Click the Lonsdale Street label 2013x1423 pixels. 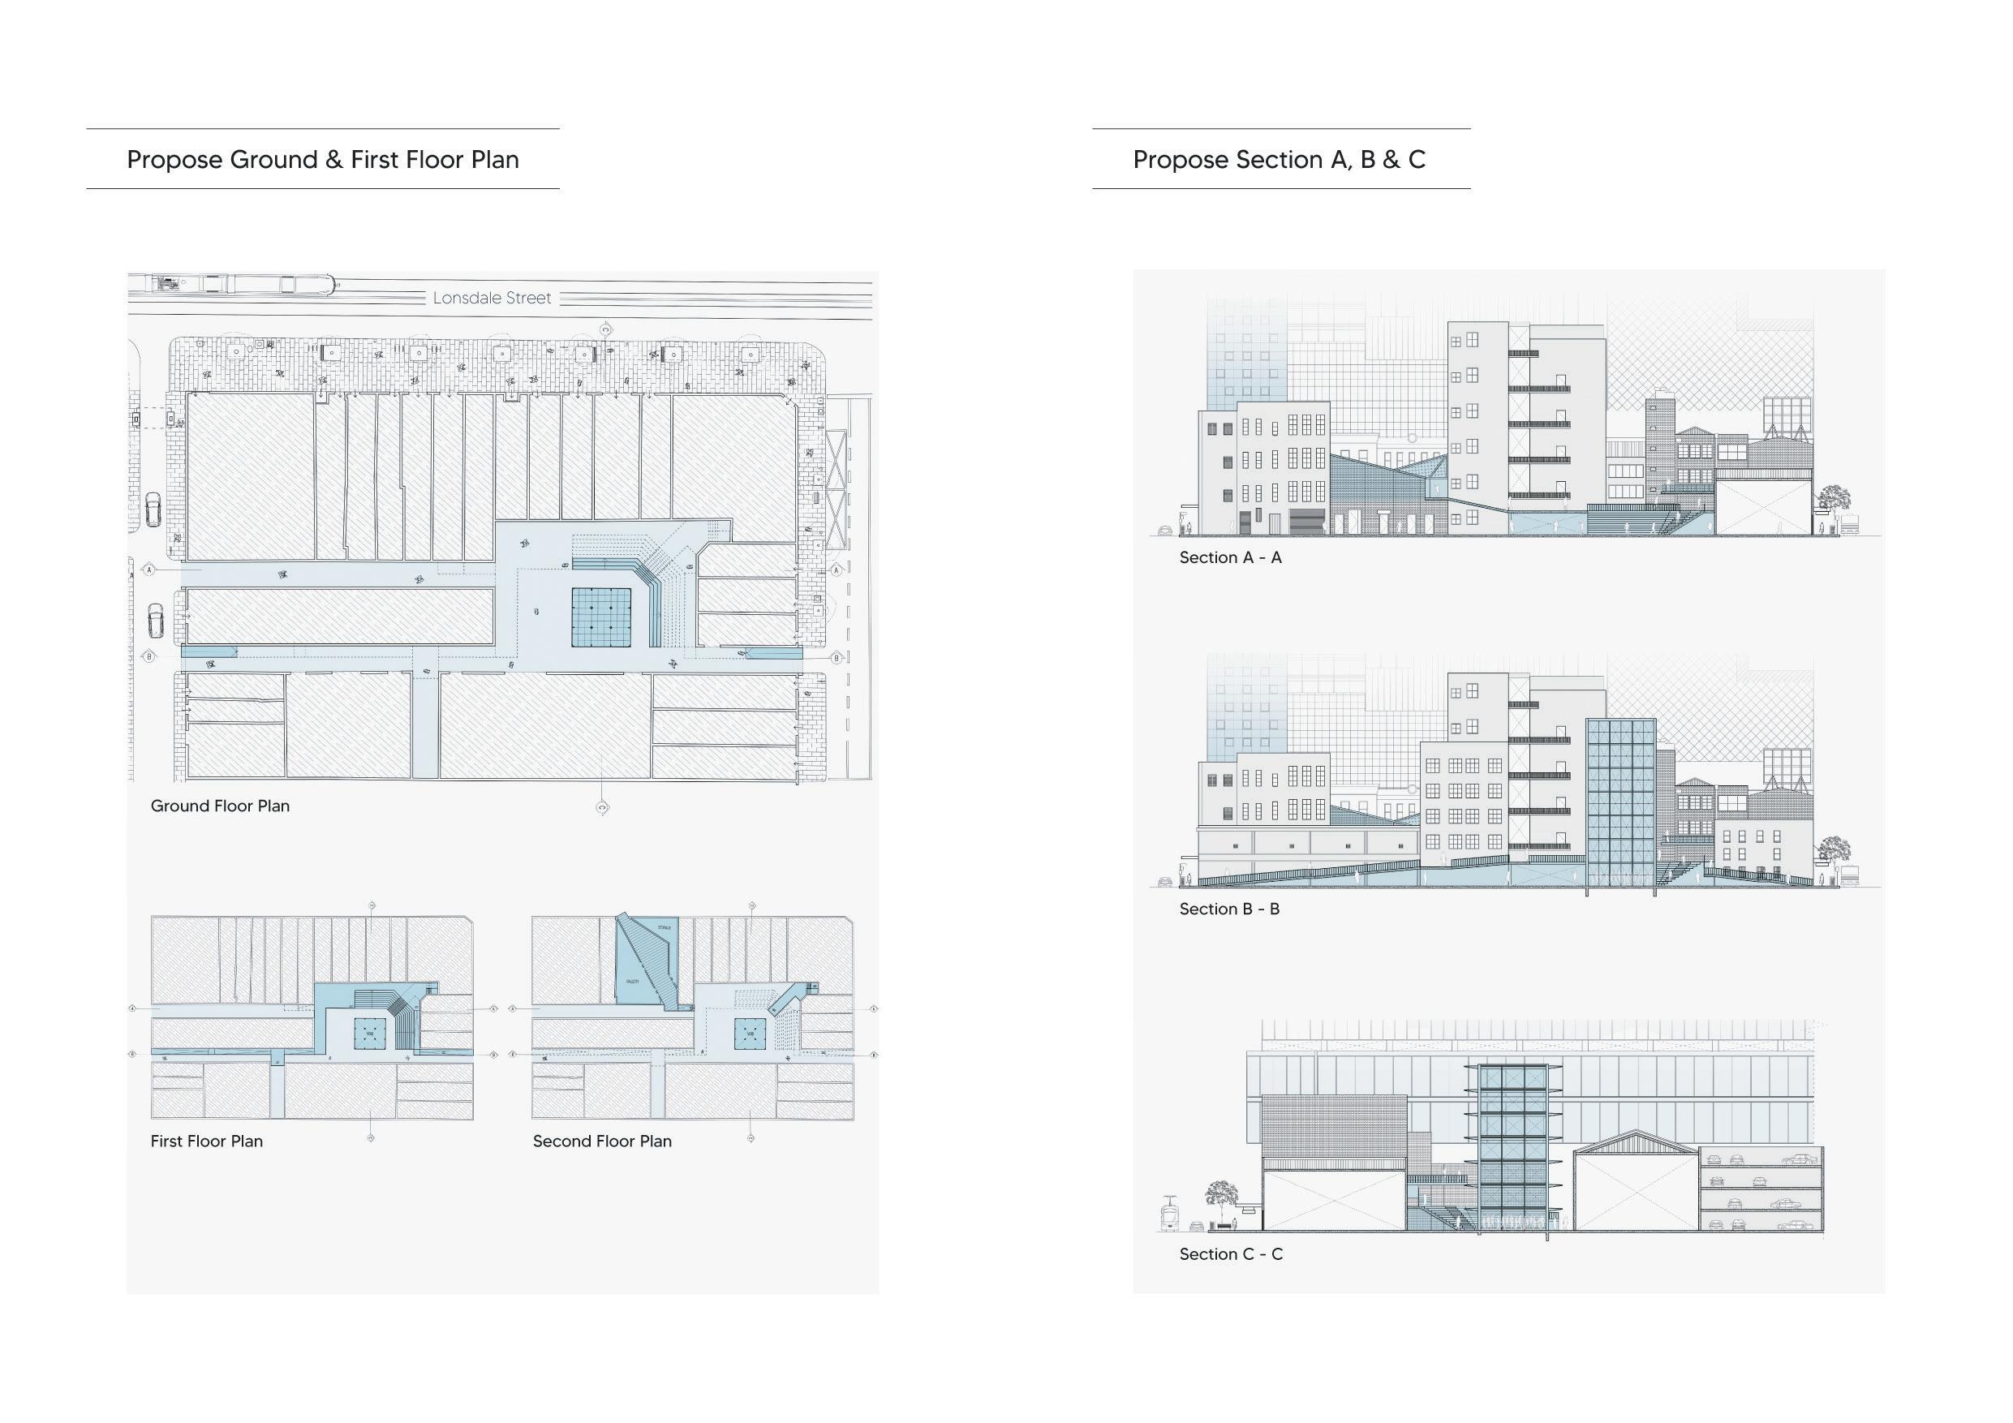pos(492,298)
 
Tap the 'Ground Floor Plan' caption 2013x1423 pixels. pos(220,806)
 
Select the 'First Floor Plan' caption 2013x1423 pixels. pos(207,1141)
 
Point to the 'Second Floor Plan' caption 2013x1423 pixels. pos(602,1141)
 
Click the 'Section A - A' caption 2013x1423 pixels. pos(1230,557)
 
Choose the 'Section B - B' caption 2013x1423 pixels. pos(1229,909)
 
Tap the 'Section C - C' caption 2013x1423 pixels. pos(1231,1253)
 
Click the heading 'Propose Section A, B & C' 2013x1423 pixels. pos(1280,160)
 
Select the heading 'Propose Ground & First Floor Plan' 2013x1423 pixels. pos(323,160)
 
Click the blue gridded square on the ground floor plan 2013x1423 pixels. pos(601,617)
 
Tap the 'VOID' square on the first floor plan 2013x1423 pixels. pos(370,1034)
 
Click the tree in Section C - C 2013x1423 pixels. pos(1220,1197)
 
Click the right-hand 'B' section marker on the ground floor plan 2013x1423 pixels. pos(837,658)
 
